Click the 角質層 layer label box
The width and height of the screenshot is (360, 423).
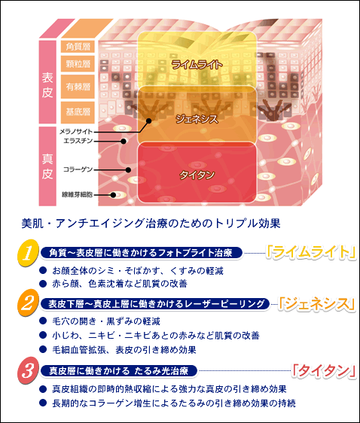(78, 47)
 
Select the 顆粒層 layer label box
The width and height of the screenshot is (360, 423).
(78, 64)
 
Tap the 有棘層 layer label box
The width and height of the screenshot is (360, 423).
(78, 87)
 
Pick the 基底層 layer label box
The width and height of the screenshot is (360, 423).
(78, 112)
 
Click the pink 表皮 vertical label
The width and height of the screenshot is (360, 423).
(47, 82)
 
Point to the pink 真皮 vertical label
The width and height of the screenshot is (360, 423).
(47, 166)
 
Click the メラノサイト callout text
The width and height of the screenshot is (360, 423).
(76, 132)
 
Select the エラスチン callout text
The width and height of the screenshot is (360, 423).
(78, 141)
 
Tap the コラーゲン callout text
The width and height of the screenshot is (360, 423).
(78, 169)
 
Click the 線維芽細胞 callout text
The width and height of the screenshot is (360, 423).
(78, 194)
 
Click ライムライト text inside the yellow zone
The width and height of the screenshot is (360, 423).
(197, 65)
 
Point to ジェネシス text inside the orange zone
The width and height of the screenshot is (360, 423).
(197, 119)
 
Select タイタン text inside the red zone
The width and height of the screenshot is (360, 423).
(197, 175)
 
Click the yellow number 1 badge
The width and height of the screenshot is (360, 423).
(28, 253)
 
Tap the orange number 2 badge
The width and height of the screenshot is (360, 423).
(28, 303)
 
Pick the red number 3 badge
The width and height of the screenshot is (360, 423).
(28, 370)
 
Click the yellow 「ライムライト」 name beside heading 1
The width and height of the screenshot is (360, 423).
(311, 252)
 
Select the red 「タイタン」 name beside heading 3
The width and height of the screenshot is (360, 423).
(324, 370)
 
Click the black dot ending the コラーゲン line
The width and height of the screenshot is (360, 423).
(129, 169)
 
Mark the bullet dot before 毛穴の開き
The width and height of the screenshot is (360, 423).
(43, 321)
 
